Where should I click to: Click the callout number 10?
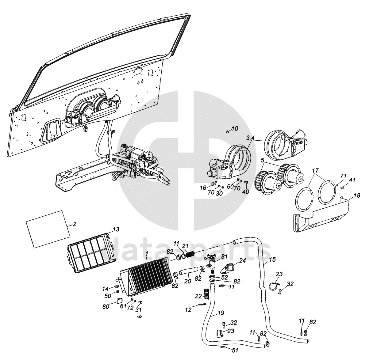(x=235, y=128)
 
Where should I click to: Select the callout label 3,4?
(x=250, y=138)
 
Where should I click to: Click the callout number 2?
(x=74, y=224)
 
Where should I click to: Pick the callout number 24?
(x=243, y=261)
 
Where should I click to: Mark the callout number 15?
(x=272, y=260)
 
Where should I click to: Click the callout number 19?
(x=221, y=313)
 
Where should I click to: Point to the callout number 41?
(x=352, y=180)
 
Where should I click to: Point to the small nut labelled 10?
(x=227, y=132)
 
